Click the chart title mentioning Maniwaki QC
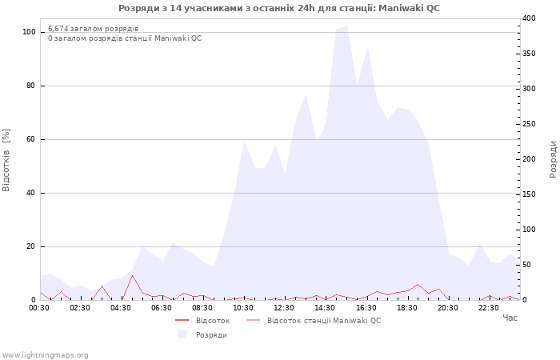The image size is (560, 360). click(279, 8)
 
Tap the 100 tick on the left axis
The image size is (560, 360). click(29, 32)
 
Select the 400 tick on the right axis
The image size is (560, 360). click(529, 18)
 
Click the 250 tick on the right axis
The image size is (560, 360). click(529, 124)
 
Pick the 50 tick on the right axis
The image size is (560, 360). click(526, 265)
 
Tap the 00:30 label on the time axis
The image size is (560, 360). click(39, 307)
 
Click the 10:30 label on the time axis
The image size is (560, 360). click(243, 307)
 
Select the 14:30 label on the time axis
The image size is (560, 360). click(325, 307)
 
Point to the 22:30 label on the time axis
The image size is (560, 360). click(488, 307)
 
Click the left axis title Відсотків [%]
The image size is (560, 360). click(6, 160)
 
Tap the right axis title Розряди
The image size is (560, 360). click(553, 158)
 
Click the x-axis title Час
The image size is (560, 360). click(510, 318)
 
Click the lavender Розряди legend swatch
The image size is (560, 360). click(182, 334)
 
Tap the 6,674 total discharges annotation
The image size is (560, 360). click(93, 29)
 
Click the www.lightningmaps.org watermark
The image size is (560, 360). click(46, 355)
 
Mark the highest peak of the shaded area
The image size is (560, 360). click(346, 26)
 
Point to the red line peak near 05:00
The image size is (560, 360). click(133, 275)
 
